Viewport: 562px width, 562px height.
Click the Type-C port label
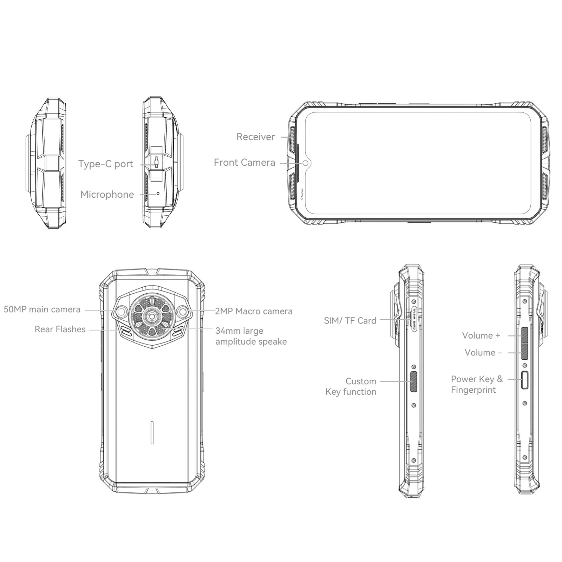click(x=106, y=164)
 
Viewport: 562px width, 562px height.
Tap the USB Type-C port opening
click(x=157, y=162)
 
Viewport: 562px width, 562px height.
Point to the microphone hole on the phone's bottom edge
click(x=158, y=193)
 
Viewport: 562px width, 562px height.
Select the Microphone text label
click(x=107, y=195)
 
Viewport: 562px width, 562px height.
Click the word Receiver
click(x=255, y=137)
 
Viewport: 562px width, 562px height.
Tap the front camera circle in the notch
click(x=306, y=163)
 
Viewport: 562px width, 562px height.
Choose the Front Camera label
click(x=244, y=163)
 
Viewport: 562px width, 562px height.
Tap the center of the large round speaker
click(x=152, y=316)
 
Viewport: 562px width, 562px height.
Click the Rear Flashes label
click(x=60, y=329)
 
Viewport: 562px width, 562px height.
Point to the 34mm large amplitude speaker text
click(x=251, y=336)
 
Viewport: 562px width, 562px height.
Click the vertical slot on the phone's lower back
click(x=152, y=432)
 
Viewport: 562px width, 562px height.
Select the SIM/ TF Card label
click(x=350, y=321)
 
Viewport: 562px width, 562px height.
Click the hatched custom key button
click(x=414, y=381)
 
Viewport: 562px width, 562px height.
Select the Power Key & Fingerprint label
click(x=477, y=385)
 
